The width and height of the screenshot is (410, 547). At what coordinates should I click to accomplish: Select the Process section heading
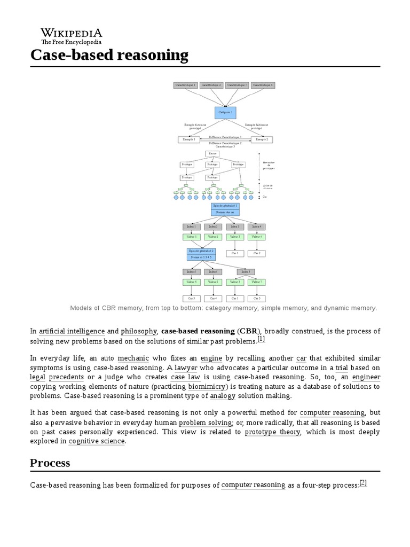(x=50, y=463)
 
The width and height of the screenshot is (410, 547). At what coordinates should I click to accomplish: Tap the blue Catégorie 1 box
(x=225, y=112)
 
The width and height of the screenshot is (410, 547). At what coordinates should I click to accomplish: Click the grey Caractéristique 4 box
(x=263, y=85)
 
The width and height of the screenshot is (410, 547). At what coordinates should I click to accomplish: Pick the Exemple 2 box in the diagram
(x=262, y=139)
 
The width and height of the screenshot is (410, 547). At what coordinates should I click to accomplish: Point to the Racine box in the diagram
(x=213, y=154)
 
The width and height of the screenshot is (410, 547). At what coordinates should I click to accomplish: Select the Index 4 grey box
(x=257, y=226)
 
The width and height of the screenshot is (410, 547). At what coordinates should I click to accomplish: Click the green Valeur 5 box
(x=191, y=282)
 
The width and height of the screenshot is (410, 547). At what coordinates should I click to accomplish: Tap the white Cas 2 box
(x=257, y=253)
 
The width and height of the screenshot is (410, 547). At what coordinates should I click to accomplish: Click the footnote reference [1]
(x=261, y=339)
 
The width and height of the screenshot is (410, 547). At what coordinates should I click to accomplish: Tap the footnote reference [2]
(x=363, y=482)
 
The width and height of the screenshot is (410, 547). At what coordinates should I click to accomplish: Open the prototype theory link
(x=272, y=432)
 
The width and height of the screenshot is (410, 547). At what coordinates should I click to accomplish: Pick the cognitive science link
(x=97, y=441)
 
